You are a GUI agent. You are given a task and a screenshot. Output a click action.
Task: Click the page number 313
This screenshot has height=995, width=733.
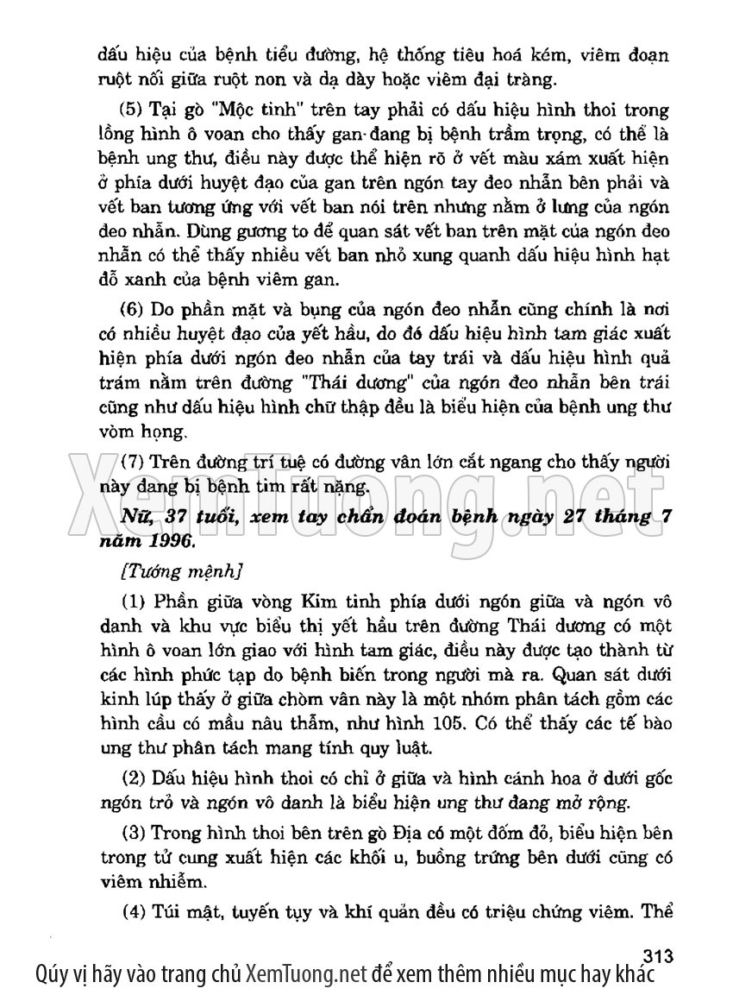point(658,955)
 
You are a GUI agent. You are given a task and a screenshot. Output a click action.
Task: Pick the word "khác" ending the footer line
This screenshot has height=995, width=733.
point(634,975)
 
